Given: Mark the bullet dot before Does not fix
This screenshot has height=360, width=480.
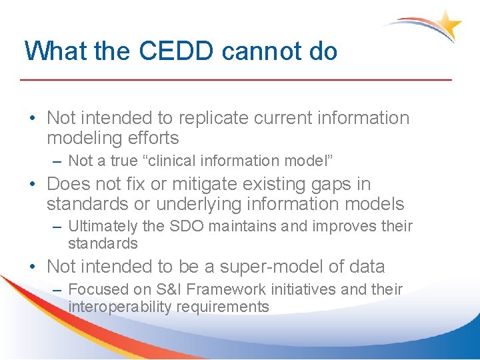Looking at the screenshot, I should point(33,184).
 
